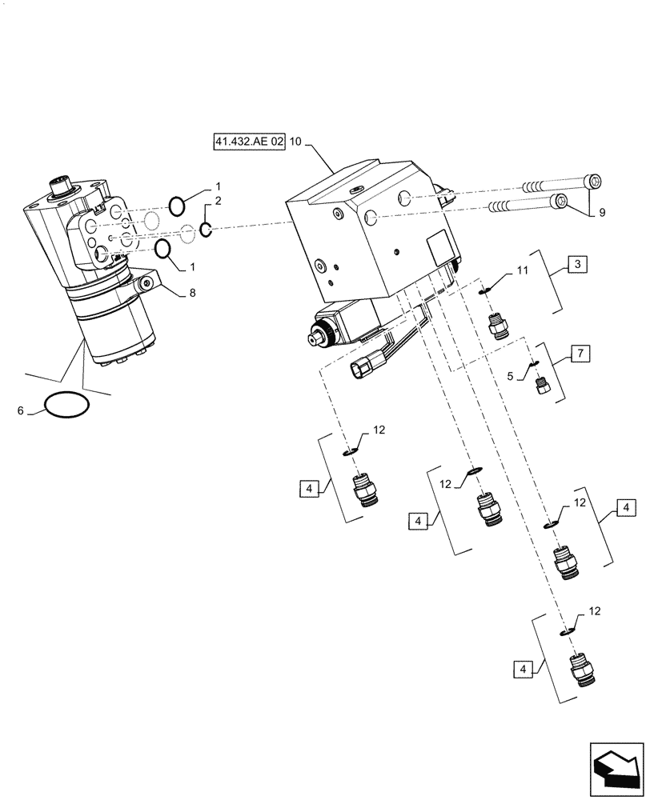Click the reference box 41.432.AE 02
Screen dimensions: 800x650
248,142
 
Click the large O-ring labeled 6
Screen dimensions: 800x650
66,406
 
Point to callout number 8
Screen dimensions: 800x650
192,294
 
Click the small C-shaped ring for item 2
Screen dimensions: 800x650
206,230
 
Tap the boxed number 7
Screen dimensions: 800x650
579,353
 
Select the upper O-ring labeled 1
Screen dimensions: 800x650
178,206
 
